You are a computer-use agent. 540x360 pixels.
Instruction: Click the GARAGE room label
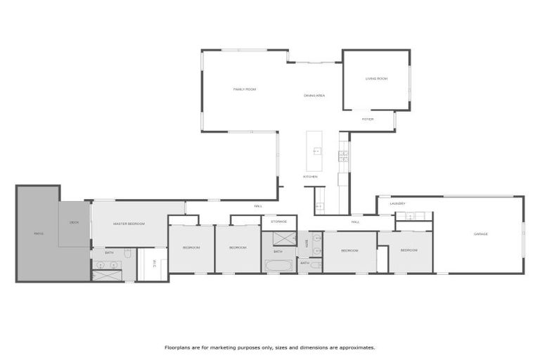pos(480,234)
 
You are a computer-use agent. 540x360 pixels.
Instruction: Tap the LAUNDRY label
pos(397,204)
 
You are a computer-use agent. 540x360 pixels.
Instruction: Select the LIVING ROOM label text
pos(376,79)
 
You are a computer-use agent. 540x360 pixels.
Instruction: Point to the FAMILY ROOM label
pos(245,89)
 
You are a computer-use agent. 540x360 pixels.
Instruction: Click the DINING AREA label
pos(314,95)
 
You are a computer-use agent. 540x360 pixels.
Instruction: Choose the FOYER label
pos(368,120)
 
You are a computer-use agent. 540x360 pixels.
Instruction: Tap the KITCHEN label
pos(310,176)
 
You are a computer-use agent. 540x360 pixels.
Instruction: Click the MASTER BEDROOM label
pos(129,224)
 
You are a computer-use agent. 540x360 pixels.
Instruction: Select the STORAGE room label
pos(278,221)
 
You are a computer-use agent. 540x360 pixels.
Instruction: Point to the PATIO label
pos(39,233)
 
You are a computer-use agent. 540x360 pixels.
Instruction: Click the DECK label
pos(74,223)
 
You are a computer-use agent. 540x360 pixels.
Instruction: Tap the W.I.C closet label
pos(154,264)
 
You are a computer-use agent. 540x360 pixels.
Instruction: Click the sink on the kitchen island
pos(317,151)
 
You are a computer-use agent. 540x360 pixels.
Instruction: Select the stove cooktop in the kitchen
pos(343,155)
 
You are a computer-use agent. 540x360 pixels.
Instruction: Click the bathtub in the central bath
pos(278,266)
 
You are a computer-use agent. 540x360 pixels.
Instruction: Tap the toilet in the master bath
pos(127,253)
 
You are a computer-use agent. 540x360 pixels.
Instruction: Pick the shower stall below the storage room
pos(278,236)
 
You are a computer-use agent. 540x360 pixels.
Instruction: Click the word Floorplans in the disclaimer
pos(179,347)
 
